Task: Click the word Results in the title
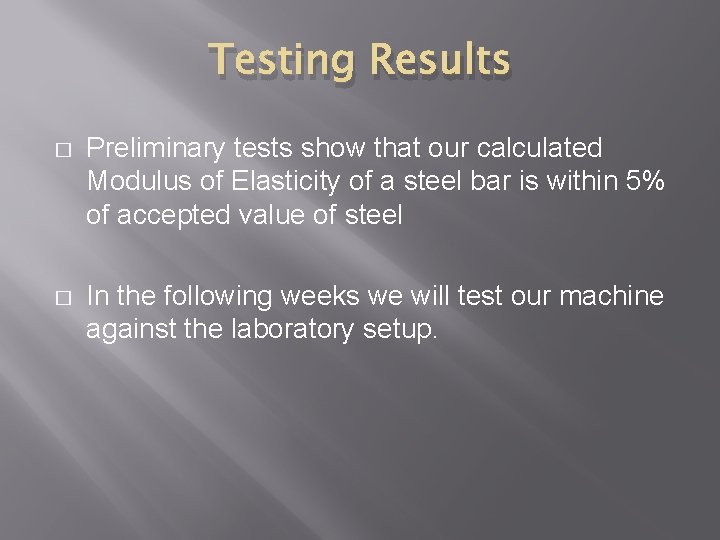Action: click(x=441, y=60)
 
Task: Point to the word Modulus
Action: click(x=129, y=182)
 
